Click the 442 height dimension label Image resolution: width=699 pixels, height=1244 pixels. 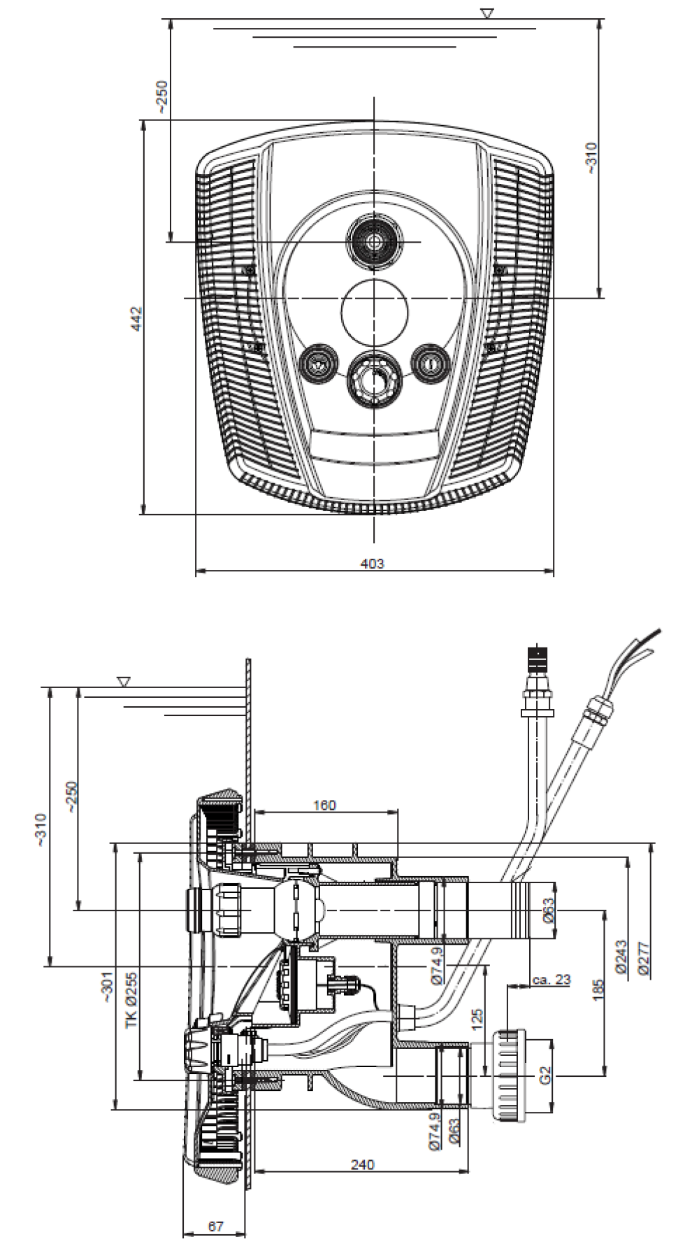pos(138,318)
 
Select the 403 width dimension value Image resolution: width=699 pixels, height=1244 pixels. pos(372,564)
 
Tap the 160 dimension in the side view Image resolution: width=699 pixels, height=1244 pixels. pos(324,805)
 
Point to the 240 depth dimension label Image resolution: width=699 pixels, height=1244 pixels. pos(362,1164)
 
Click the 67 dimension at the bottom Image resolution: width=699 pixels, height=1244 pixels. pos(215,1227)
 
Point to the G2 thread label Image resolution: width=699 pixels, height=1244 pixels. pos(546,1074)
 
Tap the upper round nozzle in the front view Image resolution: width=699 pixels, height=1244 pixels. pos(375,241)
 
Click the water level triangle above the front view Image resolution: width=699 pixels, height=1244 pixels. pos(487,13)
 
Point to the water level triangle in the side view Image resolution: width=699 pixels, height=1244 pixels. pos(124,680)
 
